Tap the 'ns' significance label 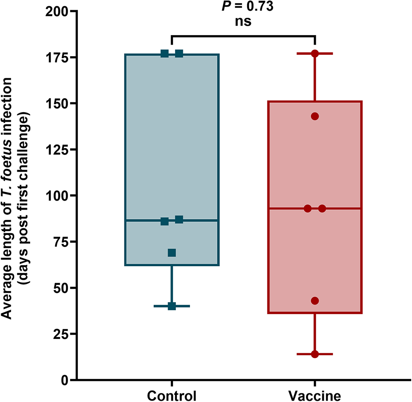click(x=243, y=22)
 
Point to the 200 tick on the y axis click(x=58, y=11)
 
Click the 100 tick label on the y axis click(x=58, y=196)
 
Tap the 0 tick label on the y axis click(x=65, y=380)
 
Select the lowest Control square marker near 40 click(x=172, y=306)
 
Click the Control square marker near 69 click(x=172, y=253)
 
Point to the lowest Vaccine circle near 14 click(x=315, y=354)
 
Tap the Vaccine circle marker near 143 click(x=315, y=116)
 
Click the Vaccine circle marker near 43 click(x=315, y=300)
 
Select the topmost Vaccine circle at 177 click(x=315, y=54)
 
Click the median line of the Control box click(x=198, y=220)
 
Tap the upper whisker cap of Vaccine click(x=325, y=54)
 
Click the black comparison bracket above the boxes click(x=243, y=36)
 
